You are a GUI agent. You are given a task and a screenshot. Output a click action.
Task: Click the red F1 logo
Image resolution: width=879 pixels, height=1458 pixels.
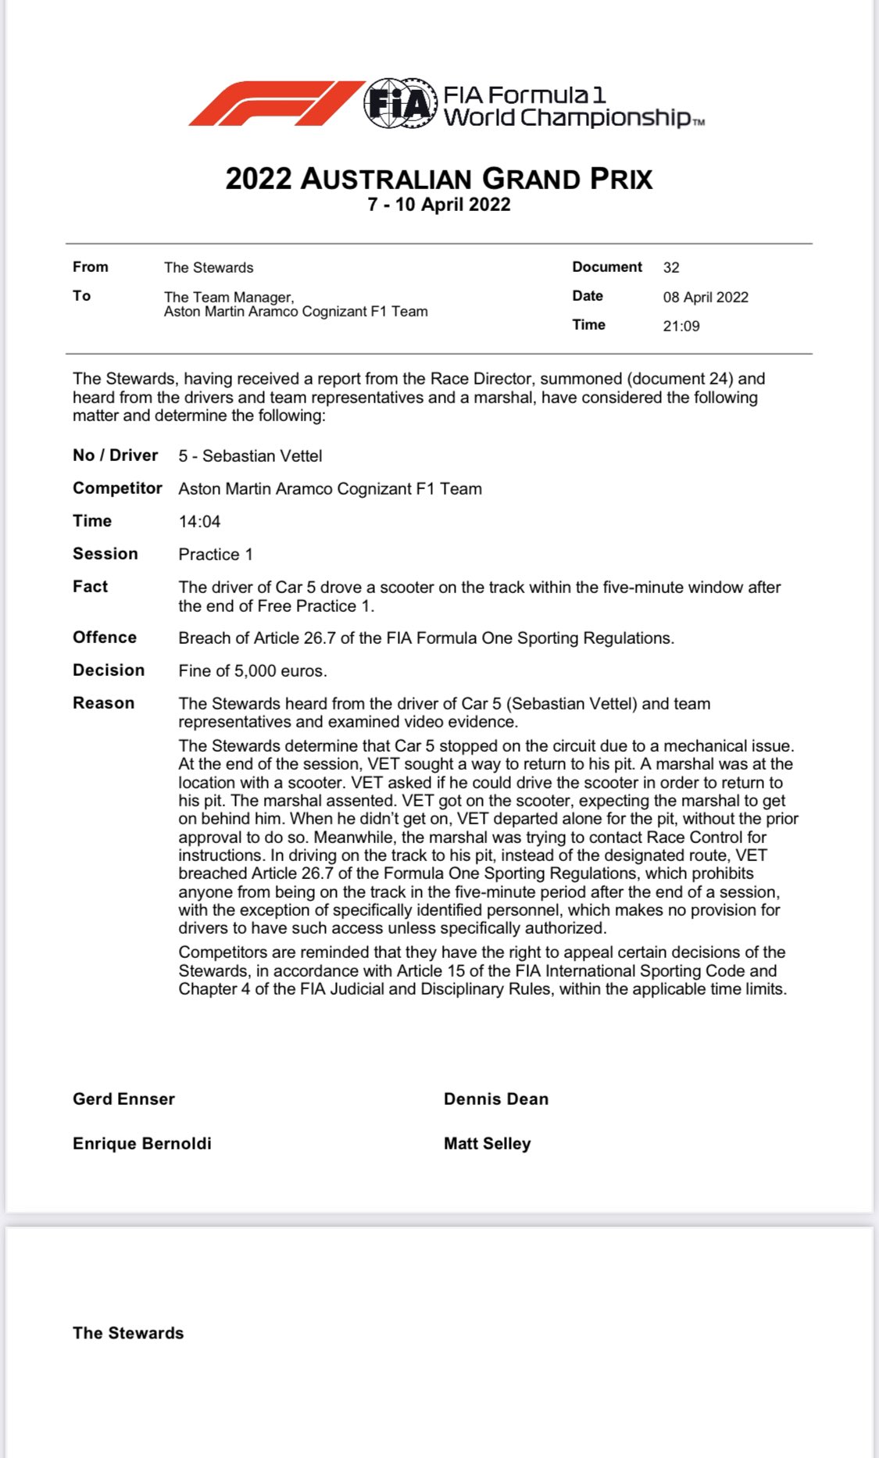pos(275,103)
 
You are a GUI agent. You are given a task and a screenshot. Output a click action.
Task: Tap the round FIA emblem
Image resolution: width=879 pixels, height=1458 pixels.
pos(399,103)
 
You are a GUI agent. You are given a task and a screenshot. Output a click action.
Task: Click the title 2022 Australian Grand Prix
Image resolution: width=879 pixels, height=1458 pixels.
pos(438,179)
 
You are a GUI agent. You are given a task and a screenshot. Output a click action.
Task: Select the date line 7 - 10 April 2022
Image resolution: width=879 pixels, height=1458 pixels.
pos(438,205)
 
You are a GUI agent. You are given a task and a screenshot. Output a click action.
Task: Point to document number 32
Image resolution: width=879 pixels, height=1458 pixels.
pos(671,267)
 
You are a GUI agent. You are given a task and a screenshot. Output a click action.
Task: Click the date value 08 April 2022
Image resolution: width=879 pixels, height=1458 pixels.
pos(706,297)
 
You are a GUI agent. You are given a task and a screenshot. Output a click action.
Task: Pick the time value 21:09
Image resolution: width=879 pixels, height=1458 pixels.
pos(681,326)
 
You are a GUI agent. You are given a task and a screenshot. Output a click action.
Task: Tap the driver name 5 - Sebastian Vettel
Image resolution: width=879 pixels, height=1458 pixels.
pos(250,456)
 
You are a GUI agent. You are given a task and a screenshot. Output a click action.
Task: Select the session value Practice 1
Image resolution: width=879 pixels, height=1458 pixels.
pos(216,554)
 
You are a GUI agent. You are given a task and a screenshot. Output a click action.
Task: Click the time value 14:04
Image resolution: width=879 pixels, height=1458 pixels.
pos(199,521)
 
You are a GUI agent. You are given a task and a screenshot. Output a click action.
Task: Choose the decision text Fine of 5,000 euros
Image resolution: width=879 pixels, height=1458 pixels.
pos(252,670)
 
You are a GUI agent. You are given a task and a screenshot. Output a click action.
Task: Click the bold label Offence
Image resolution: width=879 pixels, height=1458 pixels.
pos(105,637)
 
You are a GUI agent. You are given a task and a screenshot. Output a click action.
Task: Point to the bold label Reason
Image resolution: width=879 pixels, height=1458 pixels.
pos(103,702)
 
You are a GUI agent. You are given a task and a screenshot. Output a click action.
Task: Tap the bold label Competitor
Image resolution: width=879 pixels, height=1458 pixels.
pos(117,488)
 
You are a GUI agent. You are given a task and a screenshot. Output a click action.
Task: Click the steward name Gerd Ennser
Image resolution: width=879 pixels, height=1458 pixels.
pos(123,1099)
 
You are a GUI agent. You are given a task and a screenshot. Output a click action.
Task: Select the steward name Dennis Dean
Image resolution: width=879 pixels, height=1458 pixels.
pos(496,1099)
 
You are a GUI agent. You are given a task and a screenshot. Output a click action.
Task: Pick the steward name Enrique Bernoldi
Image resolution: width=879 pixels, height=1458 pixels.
pos(142,1143)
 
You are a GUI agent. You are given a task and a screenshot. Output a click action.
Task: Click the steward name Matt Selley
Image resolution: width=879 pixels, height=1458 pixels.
pos(488,1143)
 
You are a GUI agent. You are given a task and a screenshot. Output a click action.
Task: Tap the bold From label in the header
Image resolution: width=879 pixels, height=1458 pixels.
pos(91,266)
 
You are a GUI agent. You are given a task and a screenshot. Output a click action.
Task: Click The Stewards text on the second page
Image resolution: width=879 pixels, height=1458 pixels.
pos(128,1333)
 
